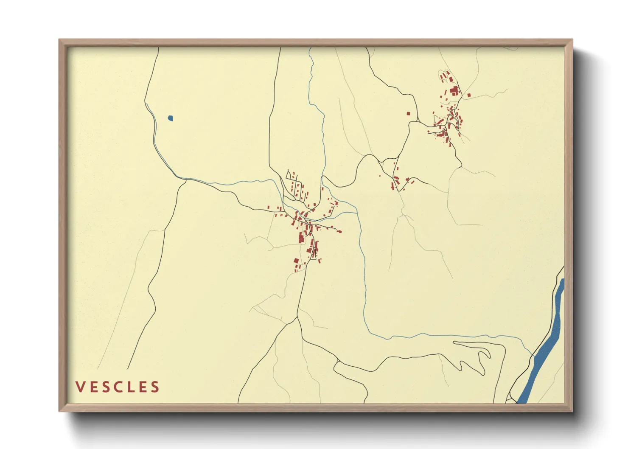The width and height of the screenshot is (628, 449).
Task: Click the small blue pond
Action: [x=170, y=118]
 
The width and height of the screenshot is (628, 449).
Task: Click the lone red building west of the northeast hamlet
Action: [x=408, y=113]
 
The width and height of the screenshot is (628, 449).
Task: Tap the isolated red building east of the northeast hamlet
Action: [x=469, y=95]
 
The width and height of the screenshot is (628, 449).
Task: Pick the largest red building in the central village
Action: [x=301, y=238]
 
